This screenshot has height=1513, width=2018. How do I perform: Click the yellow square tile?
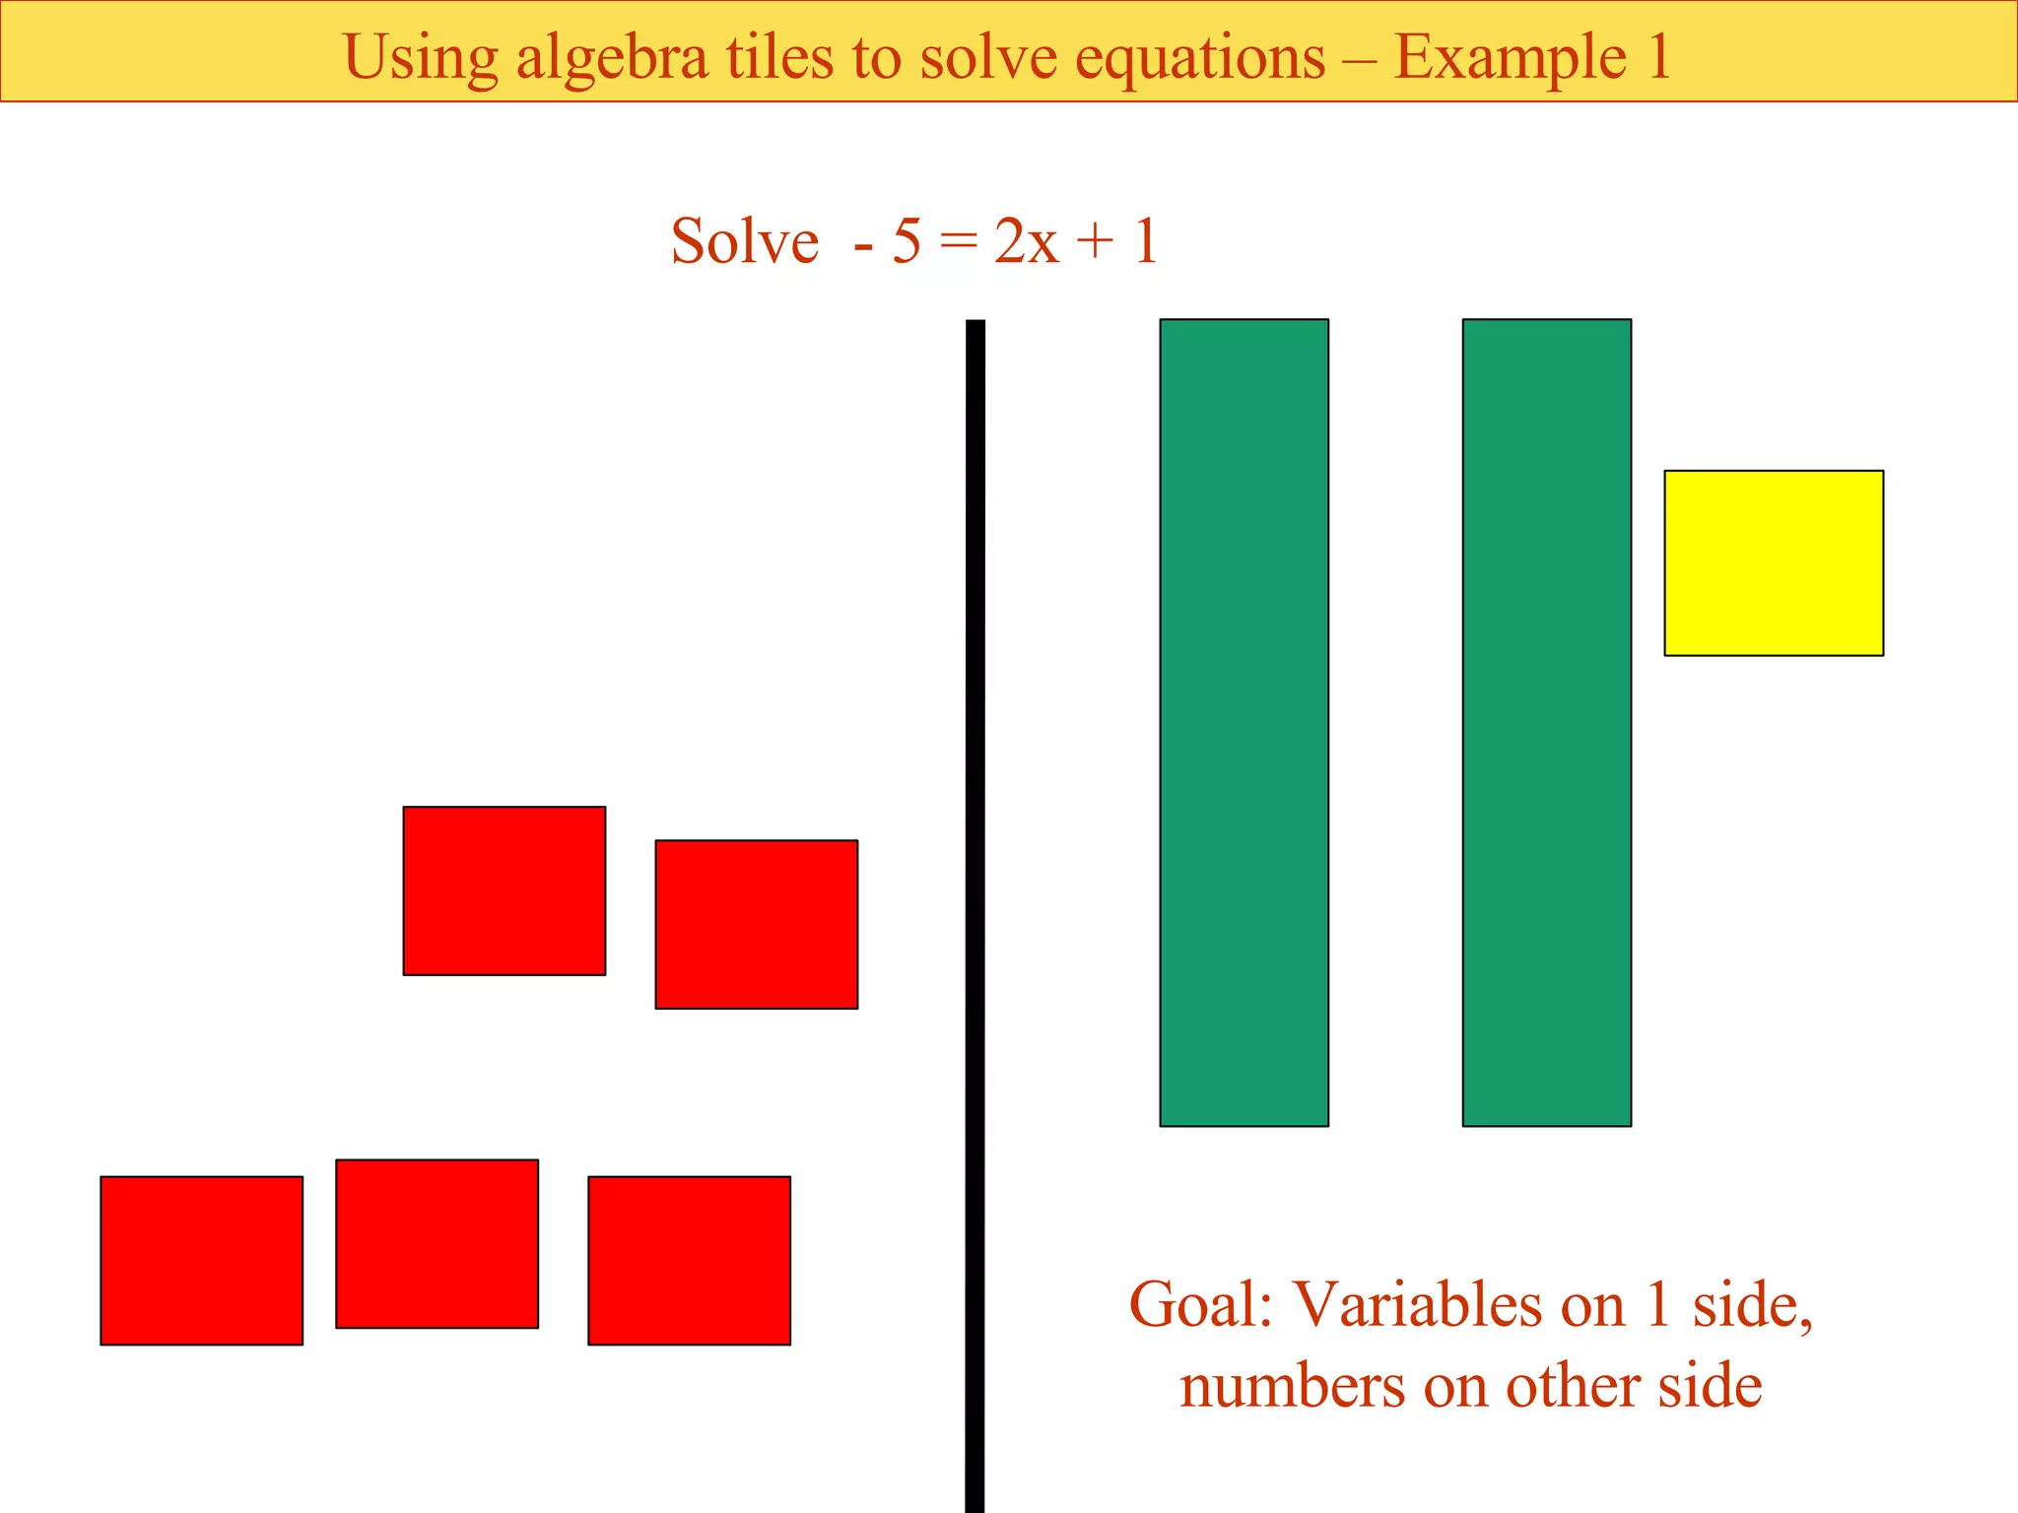(x=1774, y=562)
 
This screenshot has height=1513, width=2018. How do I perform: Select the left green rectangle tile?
(x=1244, y=722)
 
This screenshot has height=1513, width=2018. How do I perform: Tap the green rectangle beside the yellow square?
(x=1546, y=722)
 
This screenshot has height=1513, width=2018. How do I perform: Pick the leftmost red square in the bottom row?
(x=201, y=1260)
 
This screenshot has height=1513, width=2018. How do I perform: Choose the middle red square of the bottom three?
(x=437, y=1243)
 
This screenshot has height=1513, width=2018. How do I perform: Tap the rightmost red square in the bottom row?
(x=689, y=1260)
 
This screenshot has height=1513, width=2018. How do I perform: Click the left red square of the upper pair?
(x=504, y=890)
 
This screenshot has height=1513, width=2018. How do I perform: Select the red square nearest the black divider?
(x=756, y=924)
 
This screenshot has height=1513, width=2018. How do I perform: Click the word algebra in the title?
(x=612, y=57)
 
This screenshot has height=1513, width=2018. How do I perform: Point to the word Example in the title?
(x=1510, y=57)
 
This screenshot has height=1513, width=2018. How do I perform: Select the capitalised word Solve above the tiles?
(x=744, y=241)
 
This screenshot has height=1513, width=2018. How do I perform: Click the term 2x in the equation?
(x=1026, y=241)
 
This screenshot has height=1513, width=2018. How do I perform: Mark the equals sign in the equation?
(x=958, y=241)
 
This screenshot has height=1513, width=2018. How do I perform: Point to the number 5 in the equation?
(x=907, y=241)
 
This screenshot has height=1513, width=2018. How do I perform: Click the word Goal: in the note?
(x=1200, y=1305)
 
